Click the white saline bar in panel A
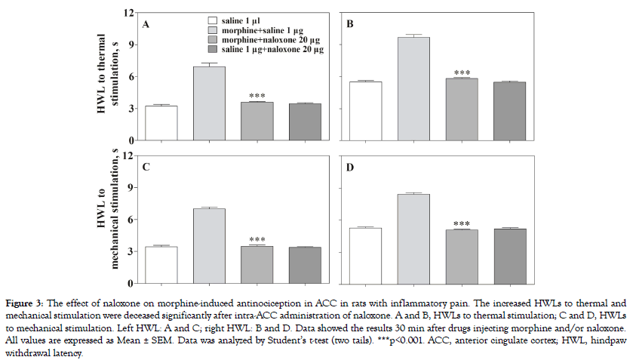click(x=161, y=123)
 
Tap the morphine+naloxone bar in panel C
click(x=257, y=264)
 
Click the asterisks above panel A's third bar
click(x=257, y=96)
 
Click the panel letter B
click(x=350, y=25)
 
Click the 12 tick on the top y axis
click(x=129, y=13)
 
